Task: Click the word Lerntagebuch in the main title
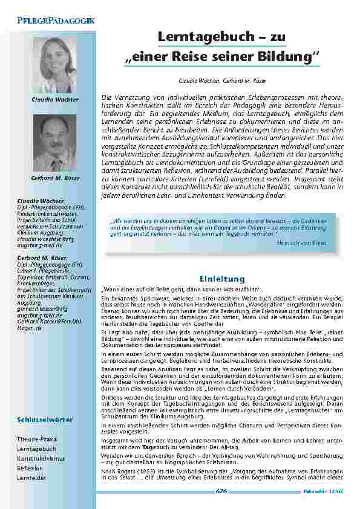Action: [206, 37]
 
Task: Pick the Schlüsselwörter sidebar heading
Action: [45, 419]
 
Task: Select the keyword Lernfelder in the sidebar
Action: [33, 478]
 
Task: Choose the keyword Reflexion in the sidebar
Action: [30, 468]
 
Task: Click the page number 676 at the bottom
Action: [221, 491]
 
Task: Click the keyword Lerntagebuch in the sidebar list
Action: [36, 449]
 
